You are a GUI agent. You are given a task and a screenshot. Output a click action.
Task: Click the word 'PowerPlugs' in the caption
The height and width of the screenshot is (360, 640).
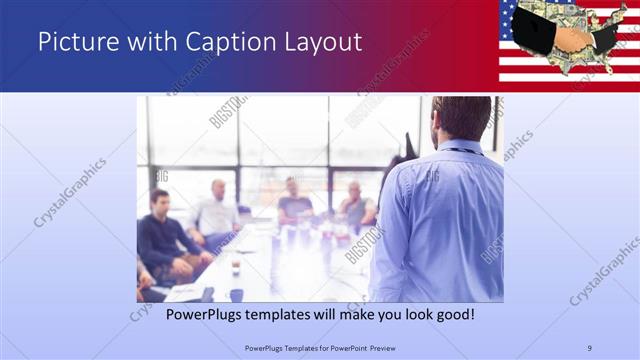tap(181, 314)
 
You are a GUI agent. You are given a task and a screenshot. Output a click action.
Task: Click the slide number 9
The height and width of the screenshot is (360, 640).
tap(590, 347)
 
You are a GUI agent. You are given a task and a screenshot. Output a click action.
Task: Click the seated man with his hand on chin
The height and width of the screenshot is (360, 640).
tap(356, 205)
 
